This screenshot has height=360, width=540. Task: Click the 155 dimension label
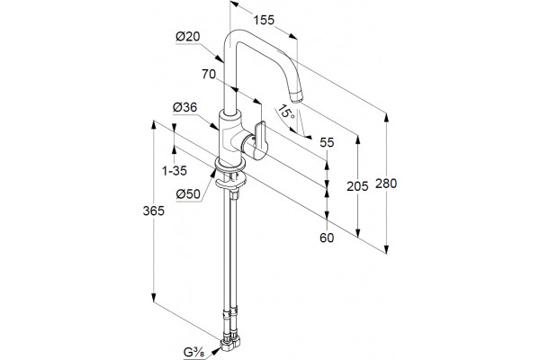pos(264,21)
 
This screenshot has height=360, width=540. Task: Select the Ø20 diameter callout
pos(188,37)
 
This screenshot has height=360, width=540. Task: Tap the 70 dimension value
pos(209,74)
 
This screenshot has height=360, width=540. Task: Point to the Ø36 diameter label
pos(184,108)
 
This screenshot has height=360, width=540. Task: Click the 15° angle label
pos(286,112)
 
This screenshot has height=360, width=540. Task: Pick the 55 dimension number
pos(327,142)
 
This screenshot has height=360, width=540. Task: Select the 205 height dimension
pos(357,186)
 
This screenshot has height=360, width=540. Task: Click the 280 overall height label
pos(386,184)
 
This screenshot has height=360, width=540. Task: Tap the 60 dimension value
pos(327,238)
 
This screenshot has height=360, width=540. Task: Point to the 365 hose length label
pos(154,211)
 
